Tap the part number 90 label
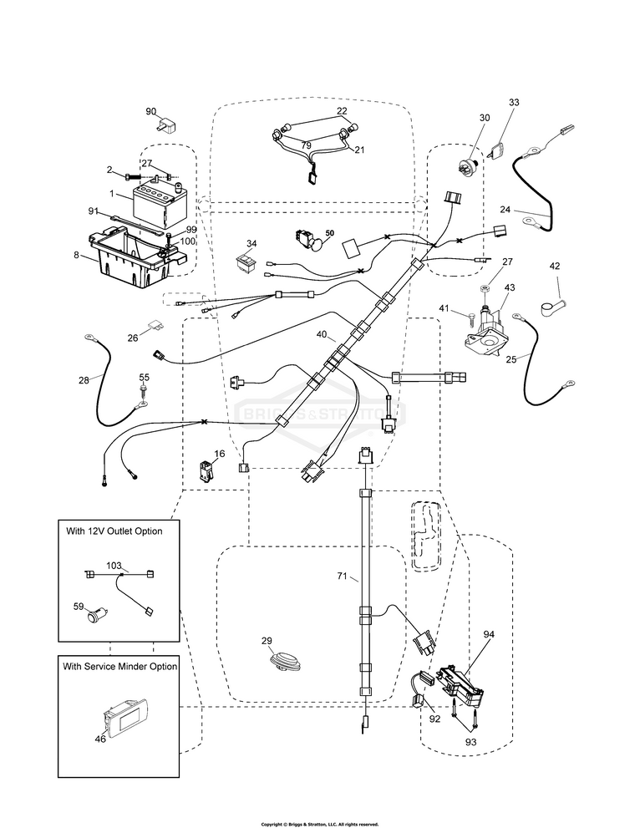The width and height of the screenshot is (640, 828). pos(151,112)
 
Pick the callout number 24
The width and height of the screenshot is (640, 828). pos(528,209)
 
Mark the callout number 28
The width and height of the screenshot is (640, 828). pos(84,380)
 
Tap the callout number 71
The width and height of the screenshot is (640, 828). pos(342,577)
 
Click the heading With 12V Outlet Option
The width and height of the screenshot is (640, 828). pos(114,531)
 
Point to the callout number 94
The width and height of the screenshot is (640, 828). pos(489,634)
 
